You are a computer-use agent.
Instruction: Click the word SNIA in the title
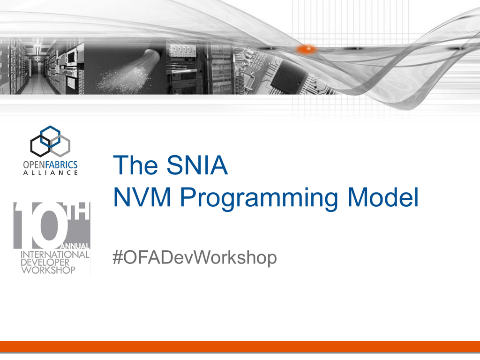click(197, 165)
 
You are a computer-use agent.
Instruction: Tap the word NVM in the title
click(142, 197)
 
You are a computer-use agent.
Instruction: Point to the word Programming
click(259, 199)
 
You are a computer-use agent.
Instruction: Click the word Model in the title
click(382, 197)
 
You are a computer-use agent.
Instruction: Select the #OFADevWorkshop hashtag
click(195, 257)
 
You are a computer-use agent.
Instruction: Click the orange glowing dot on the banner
click(307, 49)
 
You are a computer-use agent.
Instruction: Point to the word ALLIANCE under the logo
click(51, 172)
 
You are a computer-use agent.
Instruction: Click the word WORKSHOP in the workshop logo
click(48, 270)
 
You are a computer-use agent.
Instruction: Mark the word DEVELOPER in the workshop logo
click(45, 262)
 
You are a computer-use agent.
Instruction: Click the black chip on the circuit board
click(289, 75)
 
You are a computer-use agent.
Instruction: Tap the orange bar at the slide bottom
click(240, 346)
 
